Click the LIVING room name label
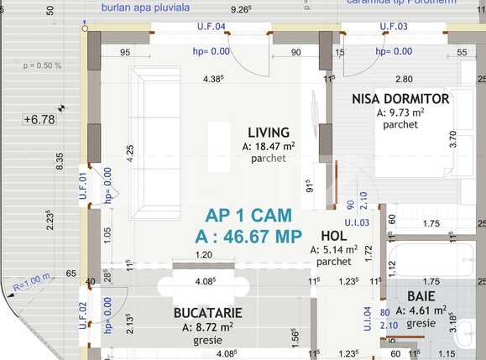(x=269, y=132)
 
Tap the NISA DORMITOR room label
(x=400, y=99)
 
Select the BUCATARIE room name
(x=208, y=312)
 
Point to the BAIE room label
(x=421, y=296)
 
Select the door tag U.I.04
(x=366, y=321)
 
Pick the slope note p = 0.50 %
(x=43, y=65)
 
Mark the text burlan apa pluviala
(x=145, y=8)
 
